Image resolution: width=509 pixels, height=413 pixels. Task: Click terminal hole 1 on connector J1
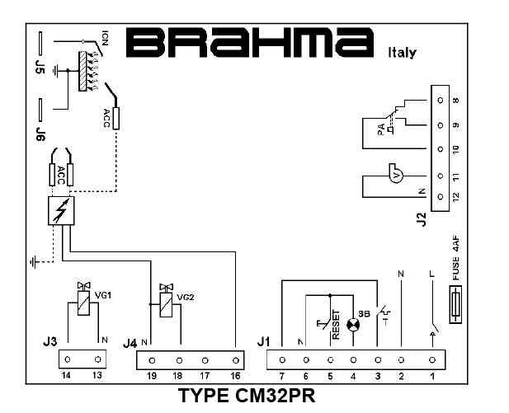[x=431, y=360]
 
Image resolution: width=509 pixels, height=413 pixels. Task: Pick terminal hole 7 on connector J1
[x=282, y=360]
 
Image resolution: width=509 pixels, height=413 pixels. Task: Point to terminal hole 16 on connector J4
[x=237, y=360]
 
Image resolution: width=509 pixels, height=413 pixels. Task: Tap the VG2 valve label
[x=186, y=297]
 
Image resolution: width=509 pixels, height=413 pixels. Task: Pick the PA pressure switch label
[x=380, y=129]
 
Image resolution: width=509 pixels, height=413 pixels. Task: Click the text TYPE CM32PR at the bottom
[x=247, y=397]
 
